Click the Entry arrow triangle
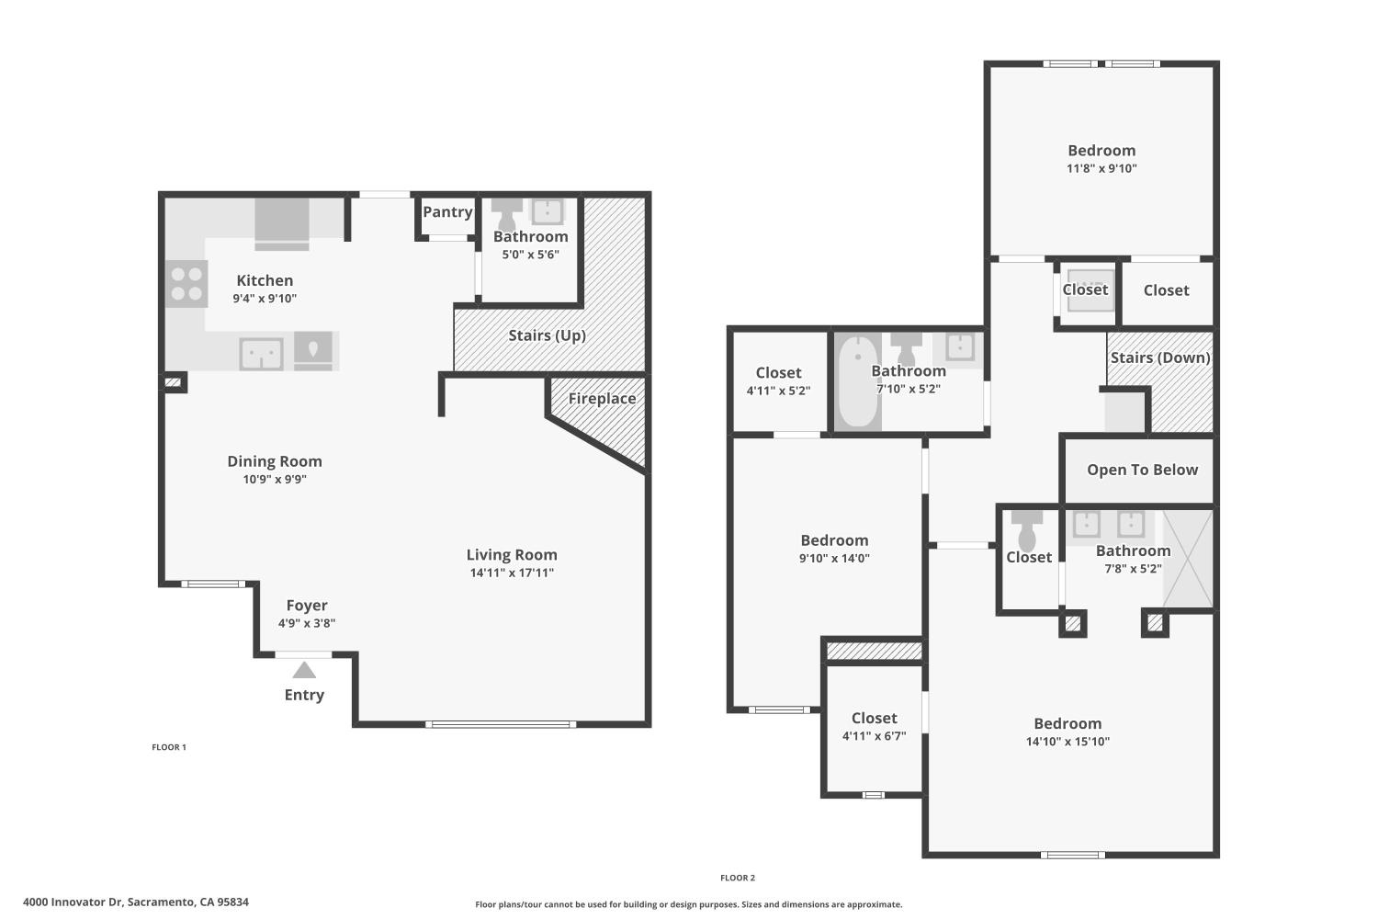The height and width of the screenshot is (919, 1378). click(x=304, y=670)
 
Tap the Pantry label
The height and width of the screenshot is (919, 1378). click(x=447, y=211)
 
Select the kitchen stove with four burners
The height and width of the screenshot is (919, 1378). click(x=186, y=284)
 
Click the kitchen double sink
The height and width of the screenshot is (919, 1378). click(x=261, y=354)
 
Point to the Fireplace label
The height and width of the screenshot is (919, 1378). click(x=602, y=398)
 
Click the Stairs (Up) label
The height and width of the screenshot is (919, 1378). click(x=547, y=335)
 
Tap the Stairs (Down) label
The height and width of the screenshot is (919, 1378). click(x=1159, y=357)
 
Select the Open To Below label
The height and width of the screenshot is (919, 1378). click(x=1142, y=470)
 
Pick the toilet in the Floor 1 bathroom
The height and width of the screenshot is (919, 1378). click(x=506, y=215)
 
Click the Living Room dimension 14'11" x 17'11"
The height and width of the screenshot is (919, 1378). click(x=512, y=573)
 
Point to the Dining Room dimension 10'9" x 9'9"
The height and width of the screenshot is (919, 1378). click(x=275, y=479)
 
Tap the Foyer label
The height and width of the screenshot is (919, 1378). click(x=307, y=606)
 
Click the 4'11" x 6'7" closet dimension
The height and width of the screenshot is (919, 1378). click(x=874, y=735)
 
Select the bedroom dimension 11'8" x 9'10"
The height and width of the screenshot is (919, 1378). click(x=1101, y=168)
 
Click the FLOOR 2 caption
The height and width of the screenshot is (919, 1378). click(x=738, y=878)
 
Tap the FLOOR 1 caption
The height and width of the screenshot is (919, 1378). click(x=169, y=747)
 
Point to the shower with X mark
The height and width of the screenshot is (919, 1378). click(x=1188, y=559)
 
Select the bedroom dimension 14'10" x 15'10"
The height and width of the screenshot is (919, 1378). click(x=1067, y=741)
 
